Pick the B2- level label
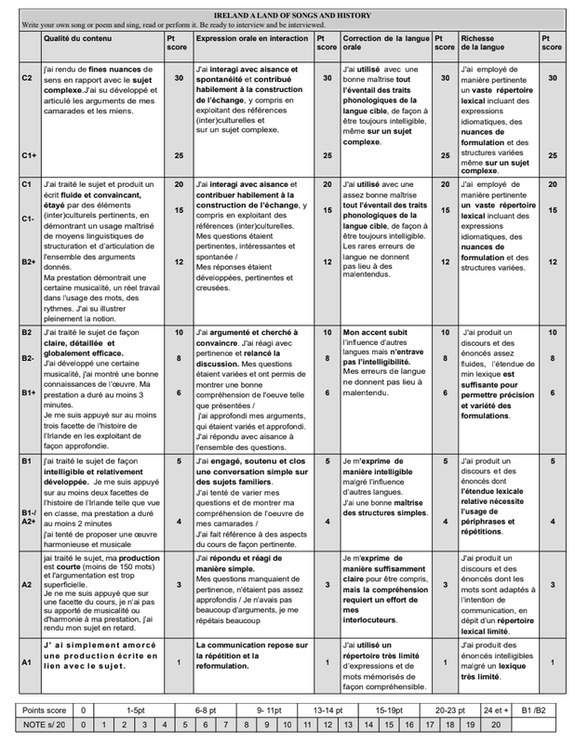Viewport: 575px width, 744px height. [29, 358]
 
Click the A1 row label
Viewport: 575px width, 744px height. [28, 662]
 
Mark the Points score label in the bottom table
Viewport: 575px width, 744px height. [44, 710]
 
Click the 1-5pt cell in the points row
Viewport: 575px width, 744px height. [136, 710]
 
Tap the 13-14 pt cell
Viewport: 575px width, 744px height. [328, 710]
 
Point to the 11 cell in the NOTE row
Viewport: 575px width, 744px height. [308, 724]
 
